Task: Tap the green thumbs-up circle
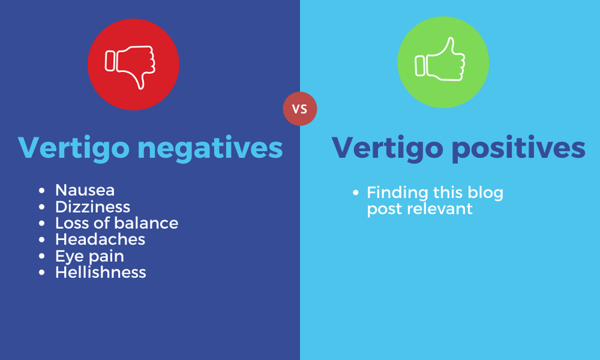(443, 63)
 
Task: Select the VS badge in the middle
(300, 109)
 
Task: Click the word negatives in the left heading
(210, 148)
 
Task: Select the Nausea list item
(85, 190)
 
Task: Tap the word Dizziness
(93, 207)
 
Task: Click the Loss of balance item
(117, 223)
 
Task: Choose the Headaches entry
(100, 239)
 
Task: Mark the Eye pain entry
(89, 256)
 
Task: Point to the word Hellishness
(101, 272)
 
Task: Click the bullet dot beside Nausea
(43, 191)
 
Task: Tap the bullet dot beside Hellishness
(43, 273)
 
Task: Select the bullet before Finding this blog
(357, 193)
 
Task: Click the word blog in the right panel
(485, 193)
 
